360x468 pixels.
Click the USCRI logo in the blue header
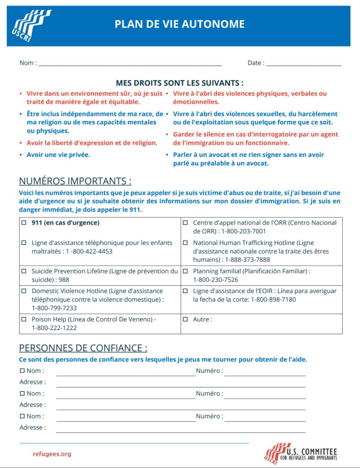point(31,26)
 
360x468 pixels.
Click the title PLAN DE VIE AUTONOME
point(180,25)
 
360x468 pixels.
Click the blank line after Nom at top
point(130,64)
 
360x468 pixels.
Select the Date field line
point(303,64)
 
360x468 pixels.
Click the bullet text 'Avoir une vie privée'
point(58,154)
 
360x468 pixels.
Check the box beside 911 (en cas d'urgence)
point(24,223)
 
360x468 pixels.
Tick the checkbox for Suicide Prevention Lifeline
point(24,271)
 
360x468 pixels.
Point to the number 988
point(64,280)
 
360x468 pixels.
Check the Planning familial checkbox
point(185,271)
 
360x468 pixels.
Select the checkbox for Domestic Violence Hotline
point(24,291)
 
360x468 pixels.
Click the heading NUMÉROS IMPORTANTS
point(75,181)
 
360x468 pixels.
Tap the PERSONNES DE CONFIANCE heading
point(83,348)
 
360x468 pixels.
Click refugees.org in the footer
point(52,454)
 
